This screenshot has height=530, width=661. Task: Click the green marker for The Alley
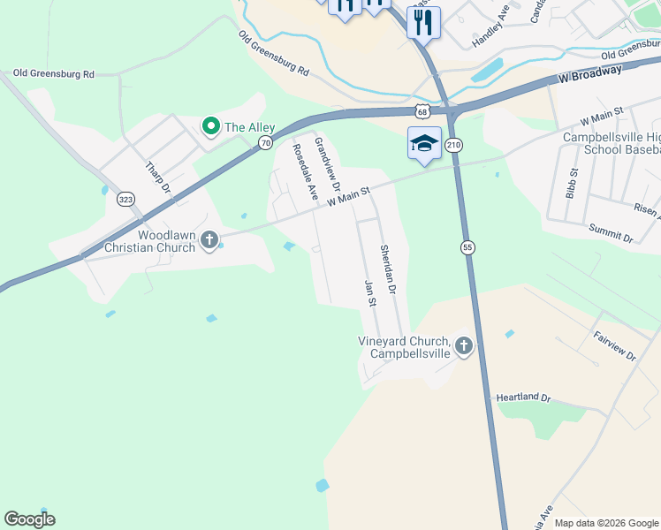point(211,127)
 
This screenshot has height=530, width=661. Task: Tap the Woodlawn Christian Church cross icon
point(209,240)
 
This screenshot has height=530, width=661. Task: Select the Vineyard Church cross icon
point(462,347)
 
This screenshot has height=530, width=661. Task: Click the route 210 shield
point(453,145)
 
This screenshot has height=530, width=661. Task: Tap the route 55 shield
point(467,248)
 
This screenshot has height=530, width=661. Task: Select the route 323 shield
point(125,200)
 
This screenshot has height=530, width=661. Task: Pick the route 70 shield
point(264,143)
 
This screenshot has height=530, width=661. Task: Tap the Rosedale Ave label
point(305,171)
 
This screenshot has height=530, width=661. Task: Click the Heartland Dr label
point(523,398)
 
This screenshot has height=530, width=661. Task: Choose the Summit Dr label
point(611,232)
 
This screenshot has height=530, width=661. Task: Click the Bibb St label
point(574,183)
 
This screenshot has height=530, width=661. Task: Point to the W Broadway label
point(590,77)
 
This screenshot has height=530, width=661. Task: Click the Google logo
point(29,519)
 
